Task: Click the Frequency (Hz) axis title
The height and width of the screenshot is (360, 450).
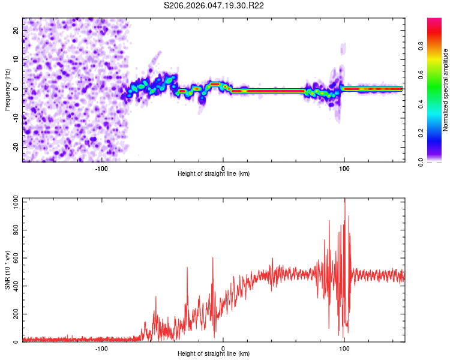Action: click(x=7, y=89)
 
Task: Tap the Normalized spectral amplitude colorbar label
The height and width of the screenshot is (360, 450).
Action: click(x=446, y=89)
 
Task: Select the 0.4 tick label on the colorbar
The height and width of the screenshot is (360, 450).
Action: click(x=437, y=104)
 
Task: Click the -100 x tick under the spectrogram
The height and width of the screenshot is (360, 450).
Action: click(x=101, y=168)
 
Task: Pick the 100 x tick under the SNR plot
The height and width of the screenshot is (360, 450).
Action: click(x=344, y=348)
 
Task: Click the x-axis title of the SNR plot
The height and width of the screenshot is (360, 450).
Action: click(x=214, y=354)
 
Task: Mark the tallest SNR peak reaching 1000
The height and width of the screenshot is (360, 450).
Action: click(x=344, y=200)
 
